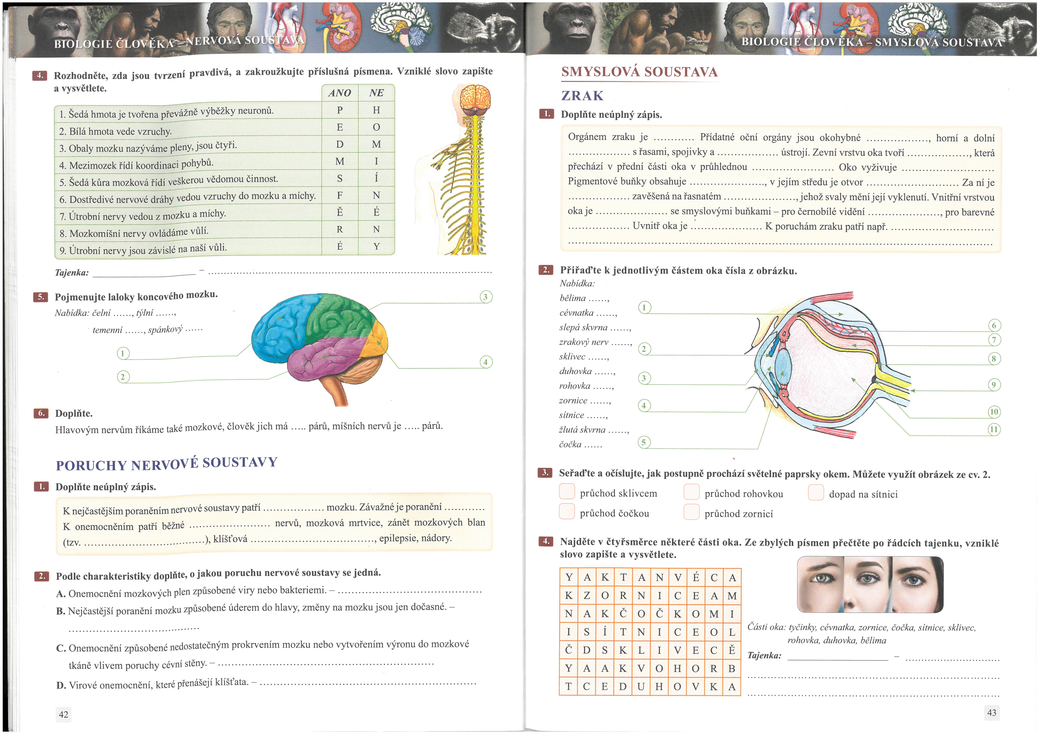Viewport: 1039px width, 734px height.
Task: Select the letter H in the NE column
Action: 376,110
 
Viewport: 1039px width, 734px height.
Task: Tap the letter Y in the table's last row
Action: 376,246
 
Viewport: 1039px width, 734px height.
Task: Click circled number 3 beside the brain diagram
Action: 486,297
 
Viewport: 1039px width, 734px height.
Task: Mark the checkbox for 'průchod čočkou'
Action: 567,512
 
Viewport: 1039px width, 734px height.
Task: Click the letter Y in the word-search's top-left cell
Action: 569,577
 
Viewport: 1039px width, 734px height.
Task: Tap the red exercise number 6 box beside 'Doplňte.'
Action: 41,413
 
